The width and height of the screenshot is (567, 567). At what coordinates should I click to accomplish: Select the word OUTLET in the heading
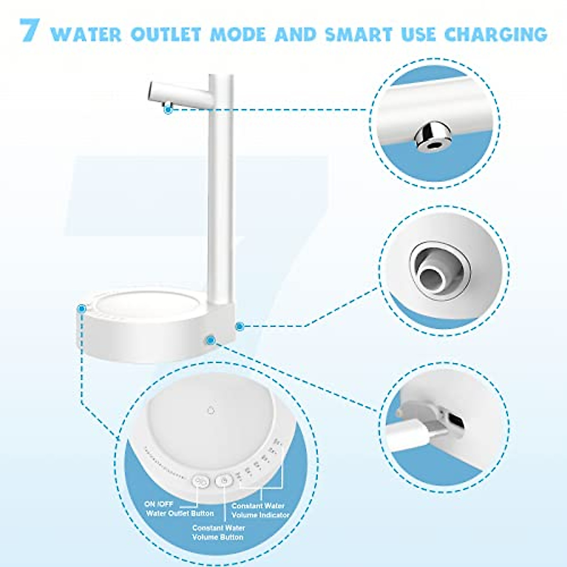[166, 34]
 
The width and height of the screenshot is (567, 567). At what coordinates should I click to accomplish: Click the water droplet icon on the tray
[211, 410]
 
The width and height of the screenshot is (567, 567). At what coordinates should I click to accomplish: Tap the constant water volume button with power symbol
[224, 481]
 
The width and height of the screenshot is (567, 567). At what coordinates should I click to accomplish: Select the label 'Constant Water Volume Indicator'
[260, 510]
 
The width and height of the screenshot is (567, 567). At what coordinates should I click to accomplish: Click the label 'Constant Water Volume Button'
[218, 533]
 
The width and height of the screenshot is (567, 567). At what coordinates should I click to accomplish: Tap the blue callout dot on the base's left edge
[82, 308]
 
